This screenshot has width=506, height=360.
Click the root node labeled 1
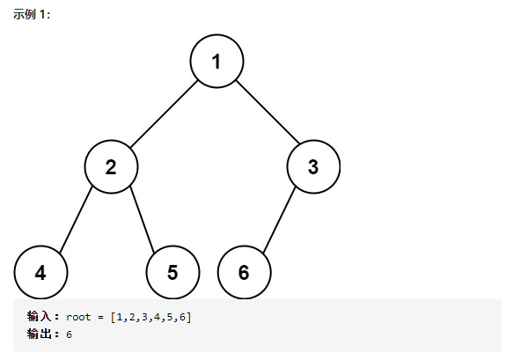click(216, 61)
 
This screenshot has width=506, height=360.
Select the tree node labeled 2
click(111, 166)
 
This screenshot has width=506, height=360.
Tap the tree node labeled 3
click(313, 166)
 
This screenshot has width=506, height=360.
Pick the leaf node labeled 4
click(40, 272)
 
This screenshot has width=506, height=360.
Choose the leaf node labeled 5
click(172, 272)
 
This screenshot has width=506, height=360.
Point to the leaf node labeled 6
click(245, 272)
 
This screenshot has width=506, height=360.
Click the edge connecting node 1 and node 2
click(164, 114)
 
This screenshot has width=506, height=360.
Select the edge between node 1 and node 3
click(268, 112)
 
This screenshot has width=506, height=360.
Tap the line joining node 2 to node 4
click(77, 219)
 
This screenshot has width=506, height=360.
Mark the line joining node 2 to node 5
click(143, 219)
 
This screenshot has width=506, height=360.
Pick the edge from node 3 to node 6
click(280, 219)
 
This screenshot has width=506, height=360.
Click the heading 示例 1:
click(32, 15)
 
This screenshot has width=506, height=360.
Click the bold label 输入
click(39, 316)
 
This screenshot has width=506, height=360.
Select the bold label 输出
click(39, 334)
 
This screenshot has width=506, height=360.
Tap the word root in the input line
click(78, 318)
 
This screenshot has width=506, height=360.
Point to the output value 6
click(69, 334)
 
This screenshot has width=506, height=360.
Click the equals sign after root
click(100, 318)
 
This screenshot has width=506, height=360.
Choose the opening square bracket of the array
click(113, 318)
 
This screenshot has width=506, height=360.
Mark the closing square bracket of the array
click(189, 318)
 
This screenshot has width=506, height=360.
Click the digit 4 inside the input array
click(158, 318)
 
